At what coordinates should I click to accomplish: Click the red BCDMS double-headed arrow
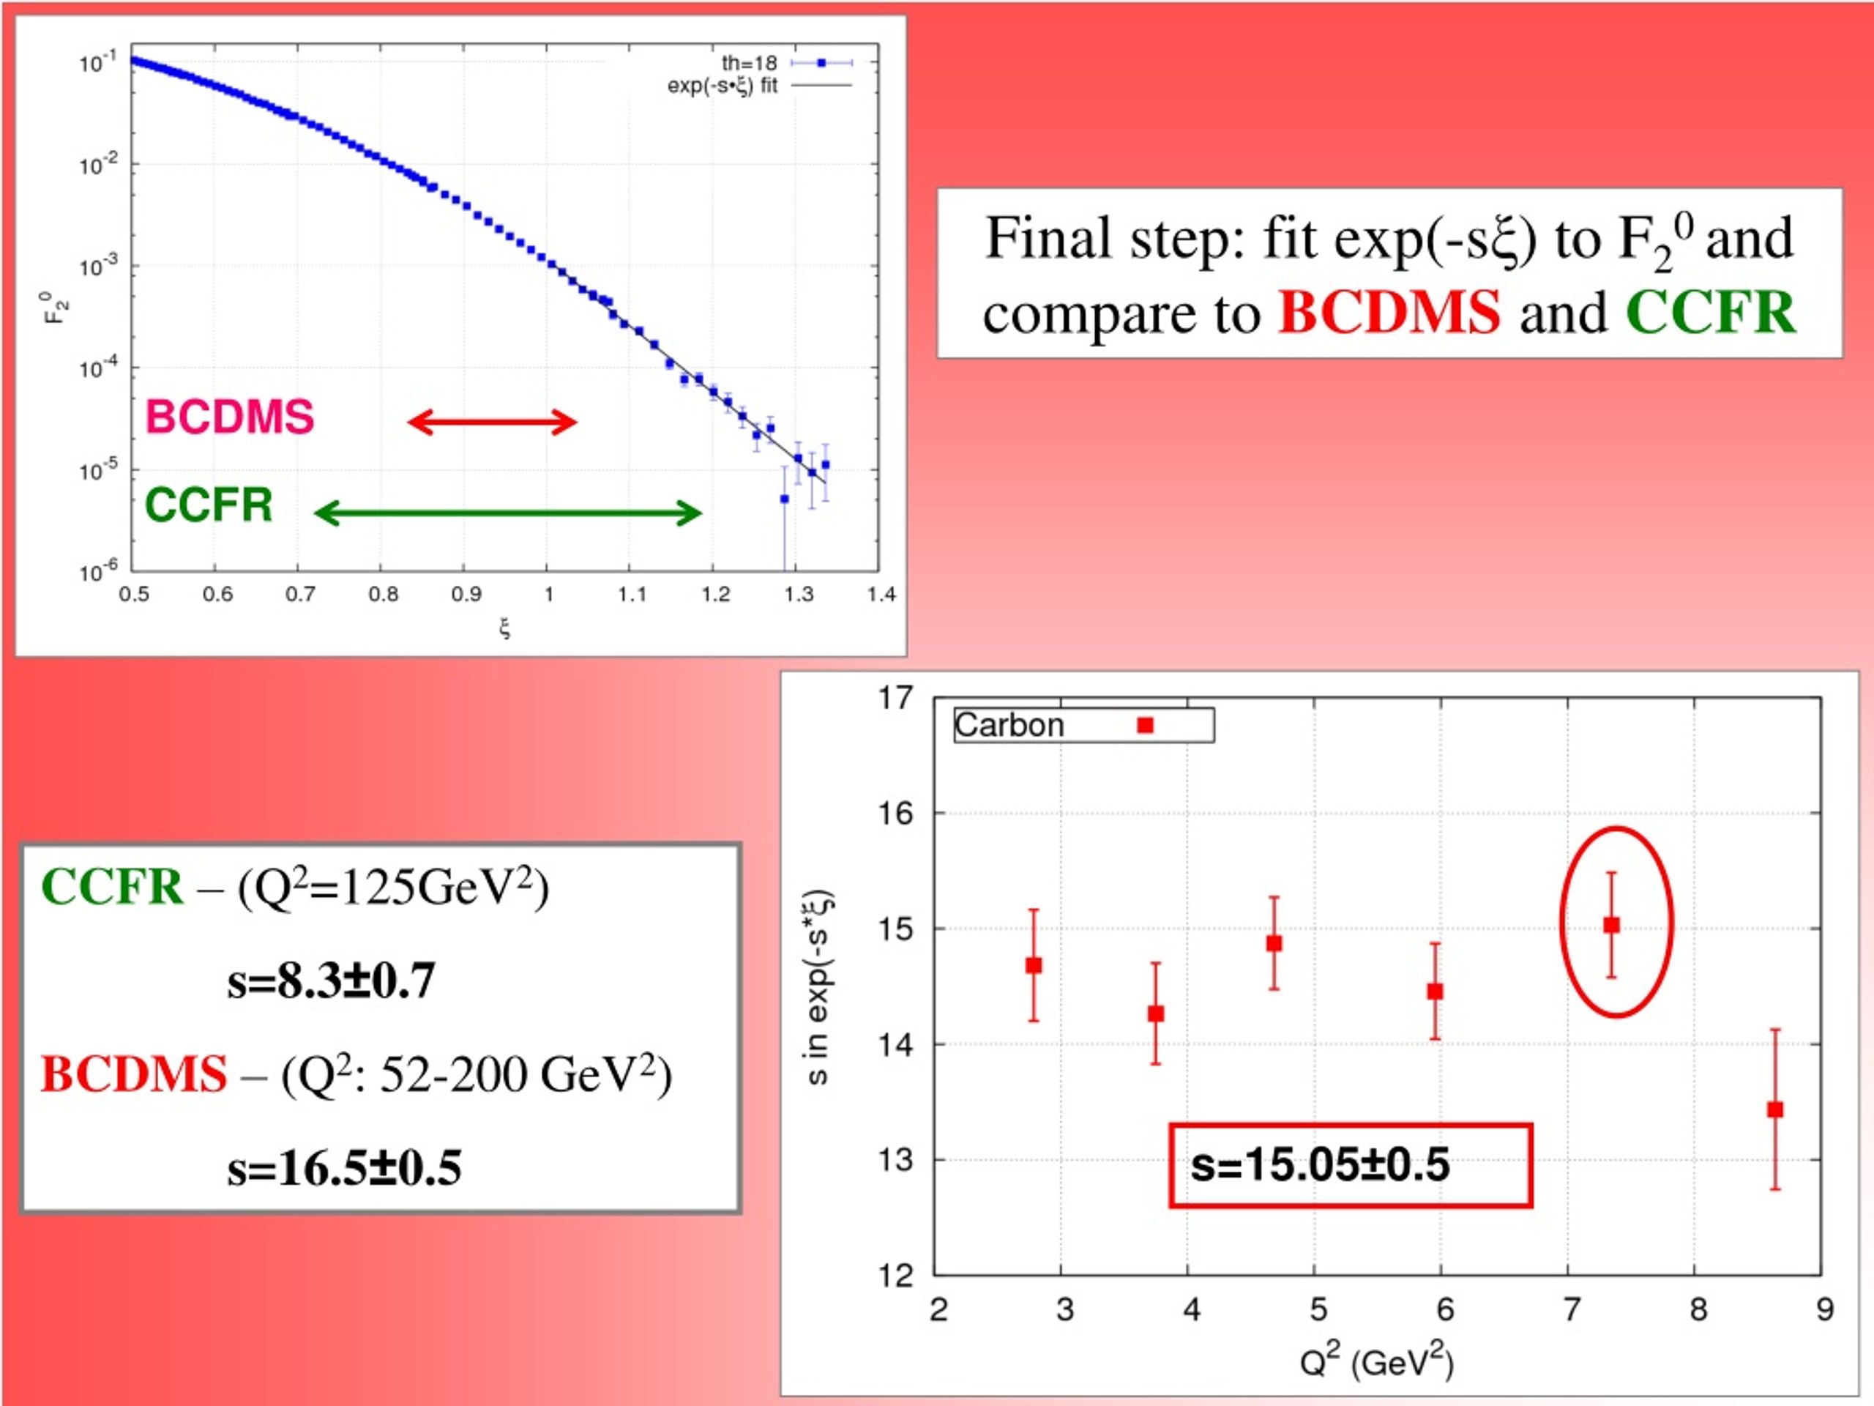coord(492,421)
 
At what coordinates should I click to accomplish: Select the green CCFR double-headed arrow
coord(507,513)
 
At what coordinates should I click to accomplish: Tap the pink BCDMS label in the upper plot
coord(230,417)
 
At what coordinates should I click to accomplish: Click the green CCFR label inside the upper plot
coord(209,505)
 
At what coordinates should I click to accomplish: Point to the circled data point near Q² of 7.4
coord(1611,925)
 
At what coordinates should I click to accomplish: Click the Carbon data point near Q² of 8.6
coord(1775,1109)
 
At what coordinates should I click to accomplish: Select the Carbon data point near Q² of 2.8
coord(1034,965)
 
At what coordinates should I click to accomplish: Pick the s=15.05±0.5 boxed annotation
coord(1351,1164)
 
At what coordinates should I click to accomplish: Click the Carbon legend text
coord(1009,726)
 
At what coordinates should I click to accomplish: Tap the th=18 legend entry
coord(785,63)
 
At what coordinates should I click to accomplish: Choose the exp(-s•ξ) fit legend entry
coord(759,86)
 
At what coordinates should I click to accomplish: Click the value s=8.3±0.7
coord(332,980)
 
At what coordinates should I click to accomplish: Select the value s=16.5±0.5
coord(344,1167)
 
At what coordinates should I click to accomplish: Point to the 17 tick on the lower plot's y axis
coord(896,699)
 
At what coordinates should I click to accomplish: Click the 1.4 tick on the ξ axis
coord(881,594)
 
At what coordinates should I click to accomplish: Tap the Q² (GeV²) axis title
coord(1377,1361)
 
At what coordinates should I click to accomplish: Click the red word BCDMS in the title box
coord(1389,312)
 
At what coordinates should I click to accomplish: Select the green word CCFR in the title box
coord(1711,312)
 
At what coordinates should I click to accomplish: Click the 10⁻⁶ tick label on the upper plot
coord(98,571)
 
